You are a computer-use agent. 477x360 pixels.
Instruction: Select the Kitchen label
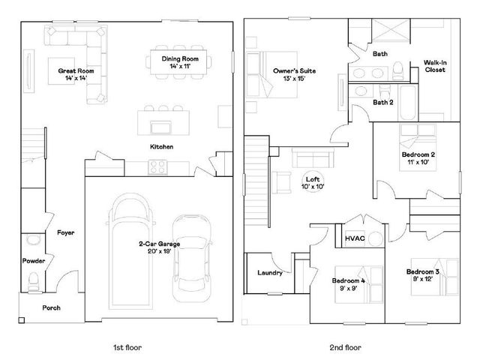pyautogui.click(x=161, y=146)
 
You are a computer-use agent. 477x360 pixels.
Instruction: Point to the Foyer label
pyautogui.click(x=66, y=232)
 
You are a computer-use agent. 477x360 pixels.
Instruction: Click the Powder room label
pyautogui.click(x=34, y=261)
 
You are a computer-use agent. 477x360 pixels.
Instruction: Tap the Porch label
pyautogui.click(x=51, y=307)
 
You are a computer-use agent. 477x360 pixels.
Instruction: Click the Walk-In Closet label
pyautogui.click(x=434, y=66)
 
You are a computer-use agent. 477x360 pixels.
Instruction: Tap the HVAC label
pyautogui.click(x=354, y=238)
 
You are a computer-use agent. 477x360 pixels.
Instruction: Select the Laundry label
pyautogui.click(x=269, y=273)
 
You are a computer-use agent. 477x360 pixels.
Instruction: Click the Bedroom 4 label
pyautogui.click(x=349, y=283)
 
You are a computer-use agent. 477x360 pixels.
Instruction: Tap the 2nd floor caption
pyautogui.click(x=344, y=347)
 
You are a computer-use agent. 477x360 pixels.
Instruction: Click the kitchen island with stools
pyautogui.click(x=160, y=120)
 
